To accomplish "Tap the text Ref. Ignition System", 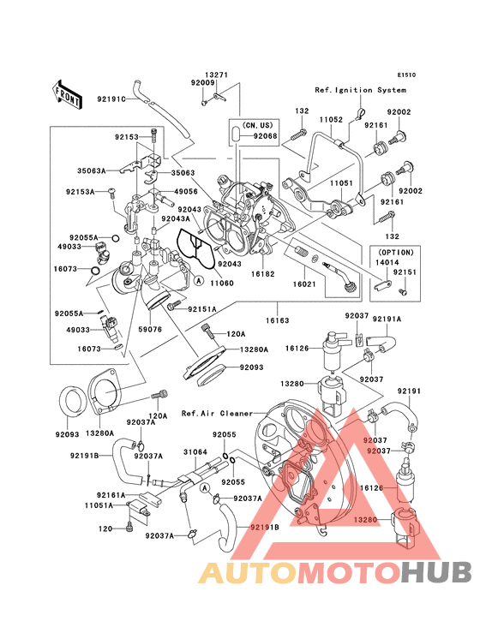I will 360,90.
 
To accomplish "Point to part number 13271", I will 216,75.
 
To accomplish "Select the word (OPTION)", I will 393,253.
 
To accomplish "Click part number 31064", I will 195,453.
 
